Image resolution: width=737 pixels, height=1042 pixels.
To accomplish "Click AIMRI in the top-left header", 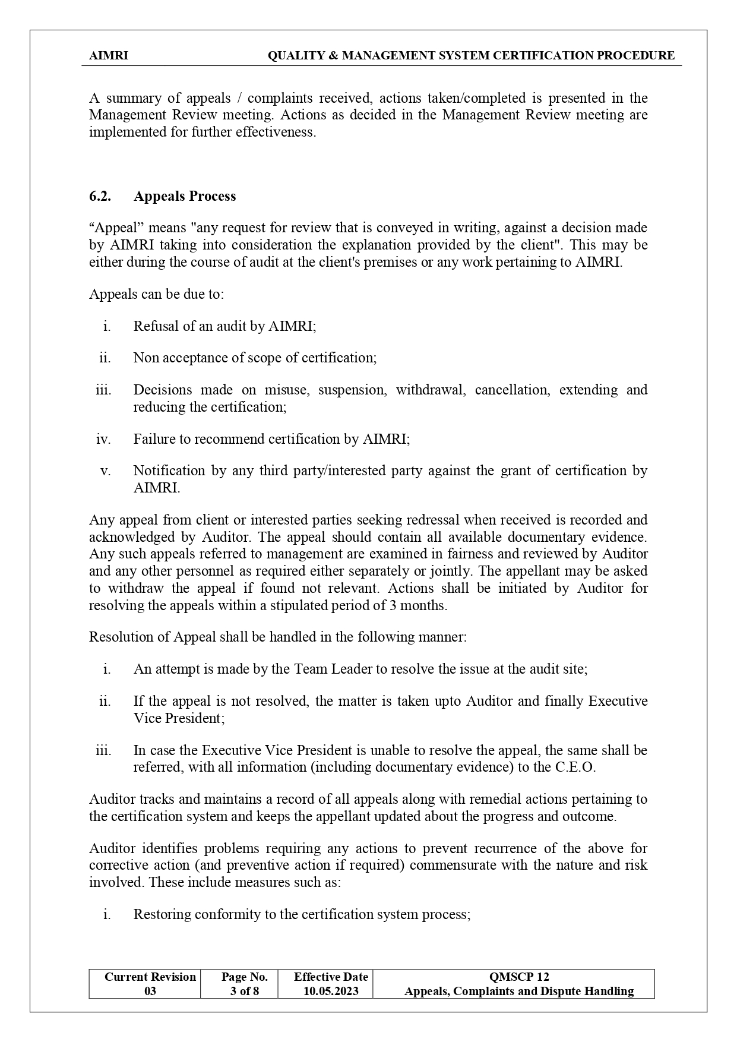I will click(108, 56).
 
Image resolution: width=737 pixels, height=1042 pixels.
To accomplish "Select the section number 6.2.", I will click(100, 197).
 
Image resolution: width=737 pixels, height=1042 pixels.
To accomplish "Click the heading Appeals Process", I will click(185, 197).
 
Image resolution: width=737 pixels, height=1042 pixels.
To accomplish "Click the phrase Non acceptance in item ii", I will click(172, 358).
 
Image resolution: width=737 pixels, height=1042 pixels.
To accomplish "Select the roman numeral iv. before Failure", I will click(103, 439).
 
